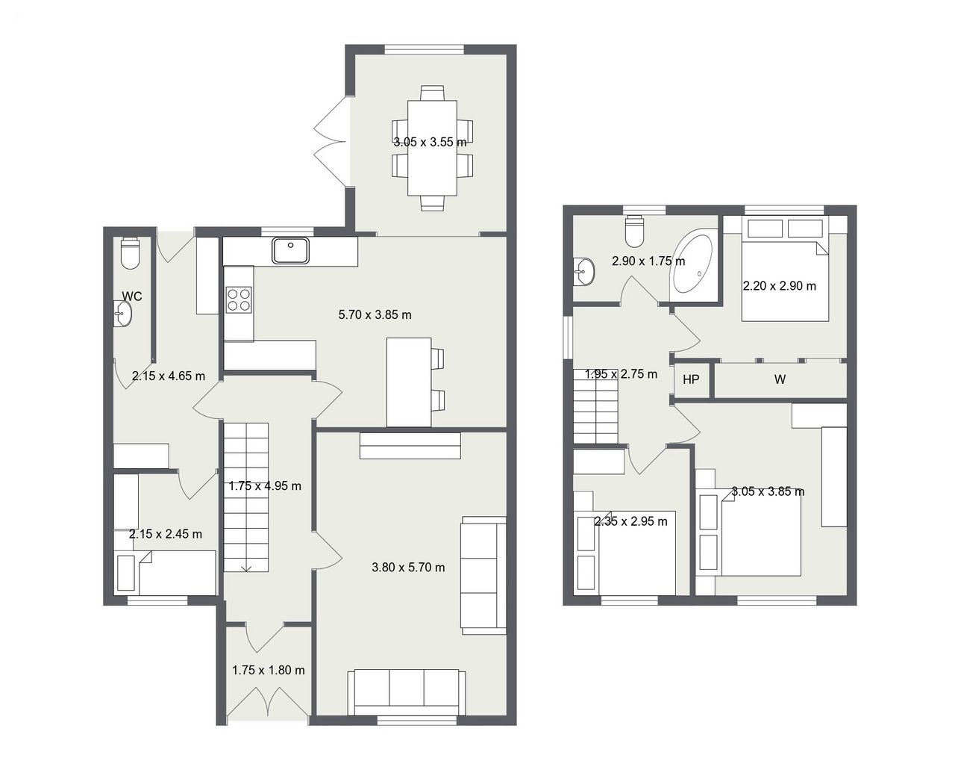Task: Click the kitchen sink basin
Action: [291, 250]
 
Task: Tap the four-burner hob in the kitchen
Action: [239, 299]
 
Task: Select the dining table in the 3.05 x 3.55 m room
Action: [432, 148]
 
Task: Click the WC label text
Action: [132, 296]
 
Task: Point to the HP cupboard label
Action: [691, 379]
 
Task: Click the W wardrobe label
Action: [780, 379]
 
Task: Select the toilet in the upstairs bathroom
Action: [634, 232]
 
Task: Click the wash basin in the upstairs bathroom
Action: [584, 271]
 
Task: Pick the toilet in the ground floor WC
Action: [131, 254]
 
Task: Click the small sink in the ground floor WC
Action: [122, 314]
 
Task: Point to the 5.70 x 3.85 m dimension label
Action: [375, 315]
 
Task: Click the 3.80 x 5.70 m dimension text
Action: [408, 568]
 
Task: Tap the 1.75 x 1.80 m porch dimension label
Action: [269, 670]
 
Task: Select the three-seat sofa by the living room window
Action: [407, 692]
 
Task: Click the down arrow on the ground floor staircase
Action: [246, 568]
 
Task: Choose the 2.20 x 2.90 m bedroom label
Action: [779, 285]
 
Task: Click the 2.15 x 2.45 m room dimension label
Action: [166, 533]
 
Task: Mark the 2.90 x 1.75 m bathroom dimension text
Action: [648, 261]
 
